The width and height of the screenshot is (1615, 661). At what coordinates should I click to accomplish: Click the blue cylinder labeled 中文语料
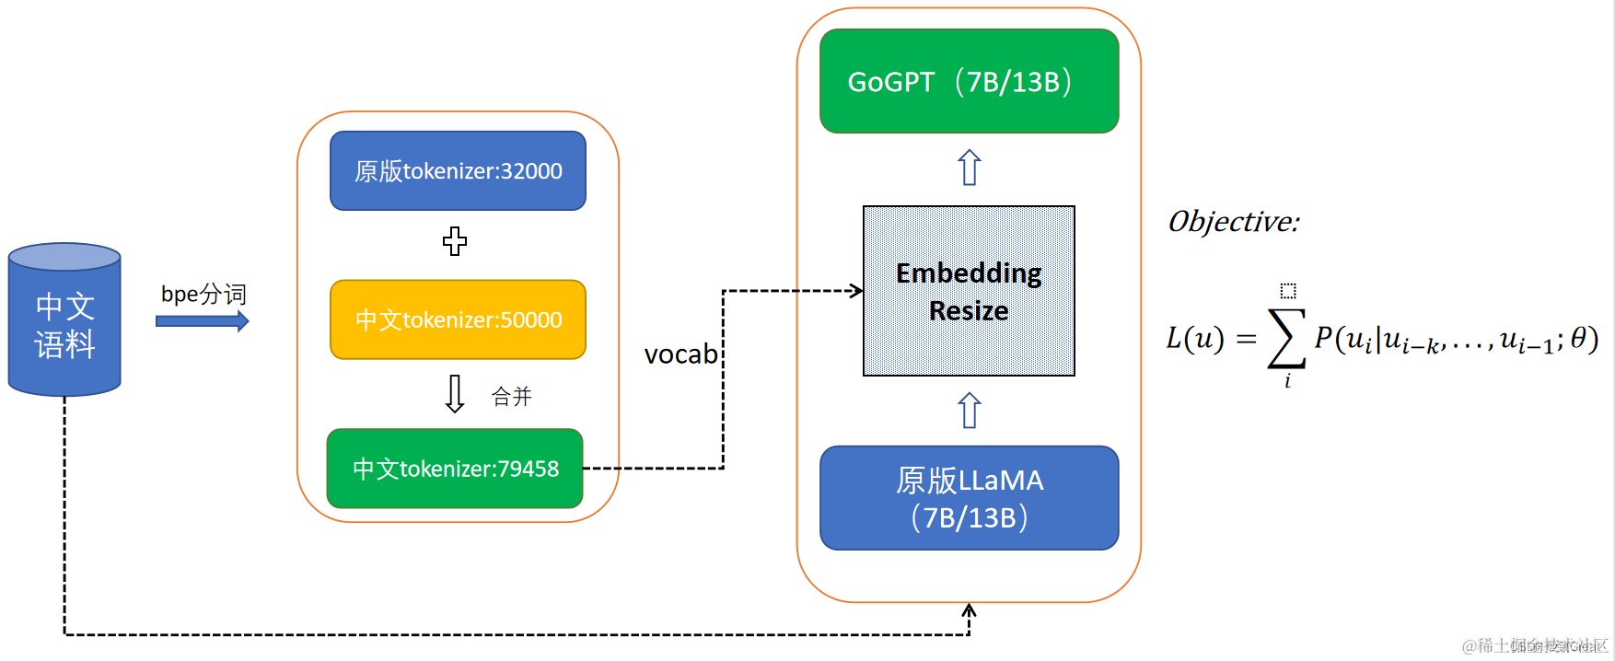click(64, 322)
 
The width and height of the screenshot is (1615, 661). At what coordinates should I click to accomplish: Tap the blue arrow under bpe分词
click(202, 321)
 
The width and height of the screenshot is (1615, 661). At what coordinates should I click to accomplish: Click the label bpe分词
click(203, 294)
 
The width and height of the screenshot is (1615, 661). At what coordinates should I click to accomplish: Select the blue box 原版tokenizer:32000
click(458, 171)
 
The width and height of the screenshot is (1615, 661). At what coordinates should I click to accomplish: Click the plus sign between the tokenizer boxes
click(455, 241)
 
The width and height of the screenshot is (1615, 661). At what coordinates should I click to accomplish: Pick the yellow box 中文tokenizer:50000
click(458, 319)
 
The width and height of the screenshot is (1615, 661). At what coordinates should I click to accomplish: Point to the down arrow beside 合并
click(455, 394)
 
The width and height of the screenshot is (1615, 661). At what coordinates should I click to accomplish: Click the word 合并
click(511, 397)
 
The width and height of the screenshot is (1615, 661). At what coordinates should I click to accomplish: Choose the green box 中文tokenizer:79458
click(455, 469)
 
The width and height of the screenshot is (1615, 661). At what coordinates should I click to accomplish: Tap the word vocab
click(680, 354)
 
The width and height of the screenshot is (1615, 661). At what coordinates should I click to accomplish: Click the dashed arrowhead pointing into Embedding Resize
click(856, 291)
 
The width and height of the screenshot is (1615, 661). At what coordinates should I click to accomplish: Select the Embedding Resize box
click(969, 291)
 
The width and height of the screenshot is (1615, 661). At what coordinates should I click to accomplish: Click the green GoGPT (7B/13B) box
click(969, 82)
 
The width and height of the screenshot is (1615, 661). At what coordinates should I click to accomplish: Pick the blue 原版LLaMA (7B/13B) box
click(969, 498)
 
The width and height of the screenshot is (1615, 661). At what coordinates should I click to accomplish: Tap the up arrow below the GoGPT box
click(970, 168)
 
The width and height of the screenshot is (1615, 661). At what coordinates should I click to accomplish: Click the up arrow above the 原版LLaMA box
click(970, 411)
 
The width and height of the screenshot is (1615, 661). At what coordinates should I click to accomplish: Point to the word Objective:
click(1233, 222)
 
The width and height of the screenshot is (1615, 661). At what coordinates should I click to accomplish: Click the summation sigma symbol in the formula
click(1286, 338)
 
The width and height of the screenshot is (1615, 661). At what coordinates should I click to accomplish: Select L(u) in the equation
click(1194, 339)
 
